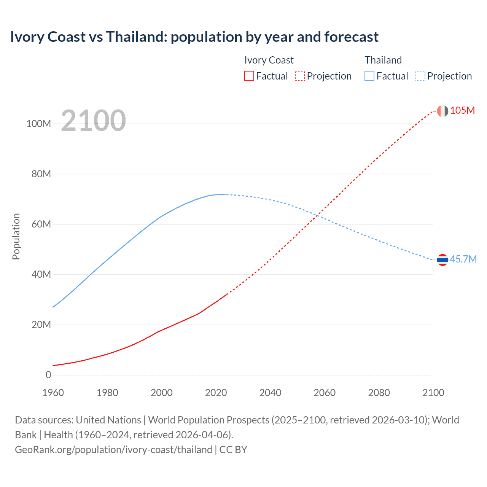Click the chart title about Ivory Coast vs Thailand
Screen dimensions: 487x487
[x=194, y=37]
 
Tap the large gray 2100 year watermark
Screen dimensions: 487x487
[x=93, y=121]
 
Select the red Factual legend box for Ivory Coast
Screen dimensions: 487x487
[x=249, y=76]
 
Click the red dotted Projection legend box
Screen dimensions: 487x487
[x=300, y=76]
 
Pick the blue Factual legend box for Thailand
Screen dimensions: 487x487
[x=369, y=76]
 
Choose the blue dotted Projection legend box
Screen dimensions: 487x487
[x=420, y=76]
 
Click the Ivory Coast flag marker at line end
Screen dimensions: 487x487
[x=442, y=111]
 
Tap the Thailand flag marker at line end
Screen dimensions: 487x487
[x=442, y=260]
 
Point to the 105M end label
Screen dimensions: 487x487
[x=462, y=111]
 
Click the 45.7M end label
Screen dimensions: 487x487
[x=463, y=259]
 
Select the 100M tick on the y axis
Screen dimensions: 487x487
[x=38, y=124]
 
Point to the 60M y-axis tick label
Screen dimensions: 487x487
[x=41, y=224]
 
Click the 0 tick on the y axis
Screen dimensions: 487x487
[x=48, y=375]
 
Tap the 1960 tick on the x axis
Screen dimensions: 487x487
[x=53, y=393]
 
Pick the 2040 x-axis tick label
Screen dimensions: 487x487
[x=270, y=393]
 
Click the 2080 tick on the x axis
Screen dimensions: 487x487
[x=379, y=393]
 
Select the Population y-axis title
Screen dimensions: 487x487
[x=16, y=236]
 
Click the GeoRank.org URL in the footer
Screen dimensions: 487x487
[x=113, y=450]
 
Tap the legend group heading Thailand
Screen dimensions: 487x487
[x=383, y=60]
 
